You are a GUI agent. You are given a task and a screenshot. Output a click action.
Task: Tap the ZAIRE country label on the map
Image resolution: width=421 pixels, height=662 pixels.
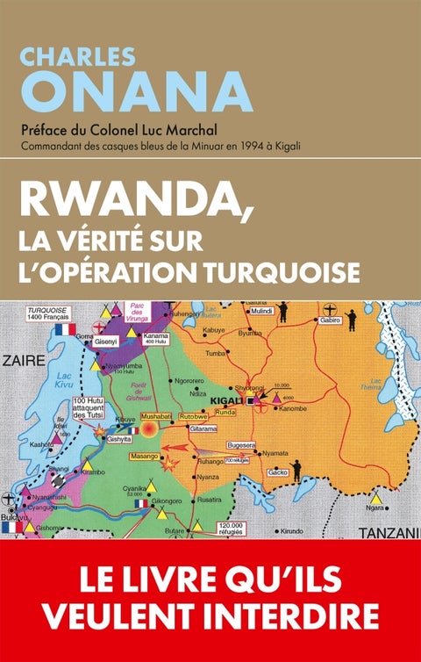(25, 360)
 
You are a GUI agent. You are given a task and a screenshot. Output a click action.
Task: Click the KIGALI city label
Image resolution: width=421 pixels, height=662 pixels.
(227, 400)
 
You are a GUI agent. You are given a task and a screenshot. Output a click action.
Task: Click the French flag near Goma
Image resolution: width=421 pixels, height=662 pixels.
(62, 330)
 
